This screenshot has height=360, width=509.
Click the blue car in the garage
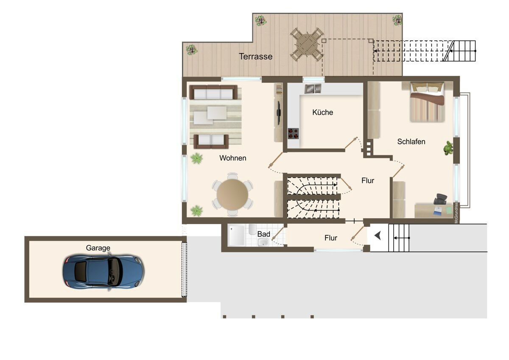click(x=103, y=272)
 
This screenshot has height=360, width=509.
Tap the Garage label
click(x=98, y=248)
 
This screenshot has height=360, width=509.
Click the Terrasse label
click(x=256, y=56)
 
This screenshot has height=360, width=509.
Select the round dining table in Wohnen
click(x=232, y=194)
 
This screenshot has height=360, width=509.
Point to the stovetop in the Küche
click(x=294, y=133)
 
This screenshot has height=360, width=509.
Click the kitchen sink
click(x=313, y=89)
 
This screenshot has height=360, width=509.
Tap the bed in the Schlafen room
click(x=427, y=102)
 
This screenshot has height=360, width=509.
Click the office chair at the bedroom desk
click(x=440, y=199)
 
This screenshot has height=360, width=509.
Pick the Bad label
click(x=263, y=234)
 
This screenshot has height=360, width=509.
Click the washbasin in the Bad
click(x=263, y=242)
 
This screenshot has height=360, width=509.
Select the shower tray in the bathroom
click(x=237, y=236)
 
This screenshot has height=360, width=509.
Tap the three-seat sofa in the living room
click(x=213, y=92)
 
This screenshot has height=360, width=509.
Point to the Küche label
click(x=323, y=112)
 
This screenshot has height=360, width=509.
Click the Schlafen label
click(x=411, y=142)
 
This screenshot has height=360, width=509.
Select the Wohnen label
click(x=233, y=158)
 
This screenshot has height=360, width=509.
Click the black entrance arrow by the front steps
click(x=378, y=236)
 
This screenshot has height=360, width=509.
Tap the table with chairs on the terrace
click(x=307, y=45)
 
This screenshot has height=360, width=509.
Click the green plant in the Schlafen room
click(x=448, y=148)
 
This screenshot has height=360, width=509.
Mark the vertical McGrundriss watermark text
click(x=456, y=213)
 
